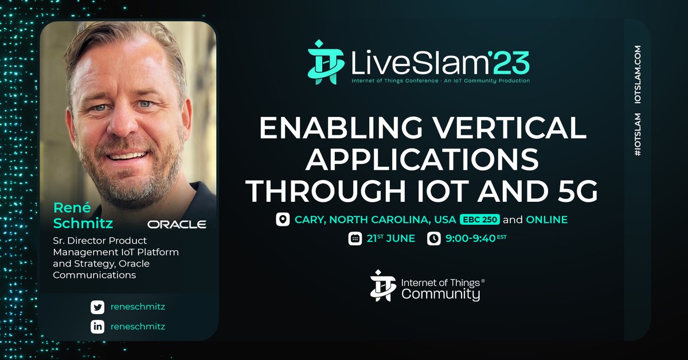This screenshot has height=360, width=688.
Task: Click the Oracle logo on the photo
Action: tap(177, 224)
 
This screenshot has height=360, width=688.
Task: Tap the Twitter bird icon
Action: tap(97, 307)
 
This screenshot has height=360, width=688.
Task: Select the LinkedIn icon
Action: tap(97, 327)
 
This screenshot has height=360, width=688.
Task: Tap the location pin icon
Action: tap(282, 220)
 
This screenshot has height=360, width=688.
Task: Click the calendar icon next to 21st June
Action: tap(355, 238)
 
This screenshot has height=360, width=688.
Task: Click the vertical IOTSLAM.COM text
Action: tap(638, 74)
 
